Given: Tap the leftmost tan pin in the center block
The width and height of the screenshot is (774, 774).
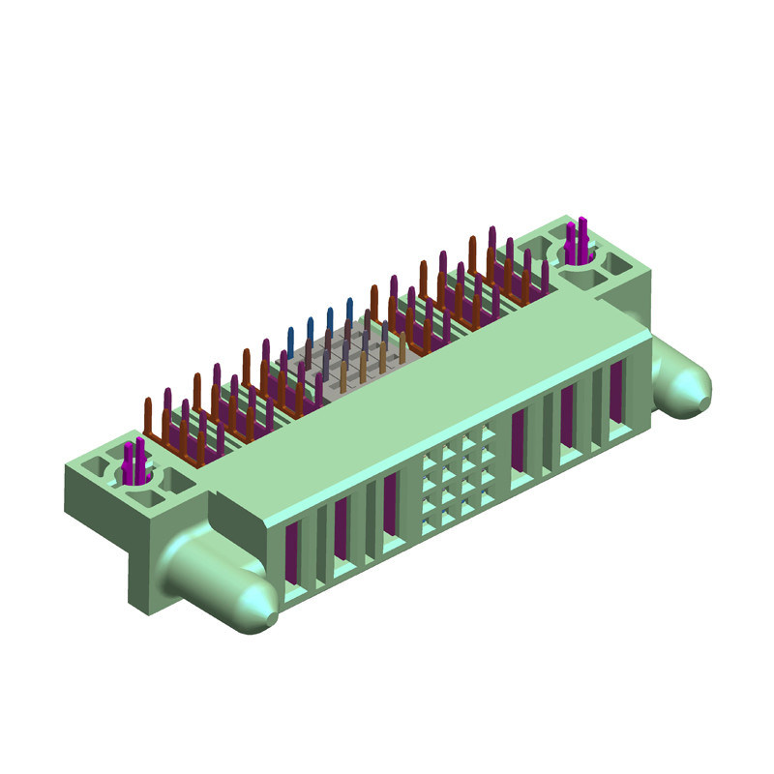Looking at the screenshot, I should [x=343, y=379].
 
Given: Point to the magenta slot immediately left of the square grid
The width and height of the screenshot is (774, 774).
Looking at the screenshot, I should [x=390, y=503].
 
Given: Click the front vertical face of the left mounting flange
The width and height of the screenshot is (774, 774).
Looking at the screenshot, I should [x=145, y=561].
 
